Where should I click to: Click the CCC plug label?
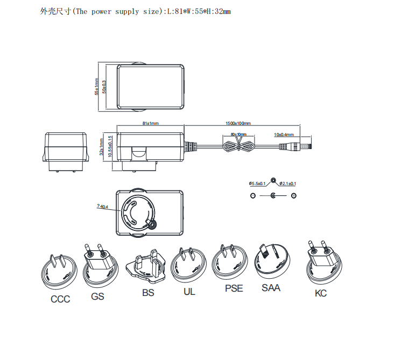60,299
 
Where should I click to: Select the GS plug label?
97,296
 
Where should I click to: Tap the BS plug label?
148,293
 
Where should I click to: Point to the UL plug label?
188,292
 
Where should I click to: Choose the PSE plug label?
234,288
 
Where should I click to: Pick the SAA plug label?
271,288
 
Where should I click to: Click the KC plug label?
321,293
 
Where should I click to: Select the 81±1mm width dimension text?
151,123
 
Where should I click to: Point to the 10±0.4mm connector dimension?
284,134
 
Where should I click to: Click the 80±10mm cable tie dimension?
238,134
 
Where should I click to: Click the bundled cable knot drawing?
238,145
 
